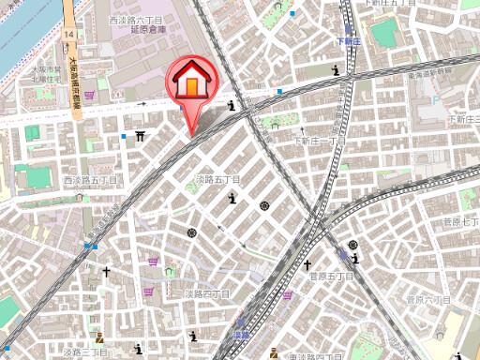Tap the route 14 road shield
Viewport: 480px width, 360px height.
[69, 34]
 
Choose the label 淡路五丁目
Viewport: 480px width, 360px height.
[217, 178]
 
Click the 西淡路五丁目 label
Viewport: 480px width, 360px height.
[91, 179]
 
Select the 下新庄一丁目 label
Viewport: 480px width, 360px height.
[322, 142]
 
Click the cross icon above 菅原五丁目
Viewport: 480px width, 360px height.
[332, 251]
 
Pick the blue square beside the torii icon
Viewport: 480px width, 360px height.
[124, 136]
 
